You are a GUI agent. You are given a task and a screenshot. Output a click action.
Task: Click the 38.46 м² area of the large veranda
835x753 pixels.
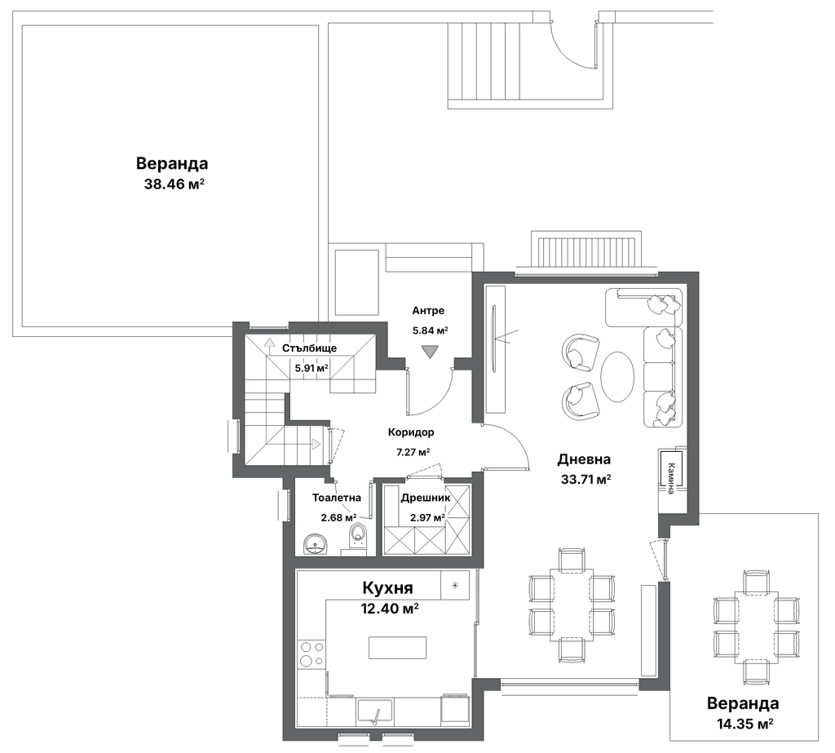pyautogui.click(x=175, y=184)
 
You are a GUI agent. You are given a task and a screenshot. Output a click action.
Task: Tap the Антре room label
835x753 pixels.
pyautogui.click(x=428, y=310)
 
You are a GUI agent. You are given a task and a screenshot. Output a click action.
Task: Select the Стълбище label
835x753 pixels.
pyautogui.click(x=309, y=348)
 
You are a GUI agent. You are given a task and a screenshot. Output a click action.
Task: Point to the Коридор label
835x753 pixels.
pyautogui.click(x=411, y=432)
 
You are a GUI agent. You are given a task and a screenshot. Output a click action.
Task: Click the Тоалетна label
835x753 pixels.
pyautogui.click(x=337, y=498)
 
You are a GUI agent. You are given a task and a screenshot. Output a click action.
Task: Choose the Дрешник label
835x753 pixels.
pyautogui.click(x=426, y=498)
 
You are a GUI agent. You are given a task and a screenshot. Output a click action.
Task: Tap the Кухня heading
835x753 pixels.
pyautogui.click(x=387, y=588)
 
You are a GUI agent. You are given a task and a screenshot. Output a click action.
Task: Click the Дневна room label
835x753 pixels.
pyautogui.click(x=584, y=458)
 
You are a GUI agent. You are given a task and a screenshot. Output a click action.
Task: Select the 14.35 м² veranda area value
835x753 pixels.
pyautogui.click(x=744, y=724)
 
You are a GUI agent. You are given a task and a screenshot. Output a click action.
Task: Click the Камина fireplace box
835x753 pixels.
pyautogui.click(x=670, y=469)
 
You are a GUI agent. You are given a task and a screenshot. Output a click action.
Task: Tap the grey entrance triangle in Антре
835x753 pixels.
pyautogui.click(x=429, y=351)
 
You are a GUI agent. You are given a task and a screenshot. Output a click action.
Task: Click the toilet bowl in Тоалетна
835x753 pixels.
pyautogui.click(x=358, y=535)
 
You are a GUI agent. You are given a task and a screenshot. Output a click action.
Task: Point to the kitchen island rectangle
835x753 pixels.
pyautogui.click(x=397, y=647)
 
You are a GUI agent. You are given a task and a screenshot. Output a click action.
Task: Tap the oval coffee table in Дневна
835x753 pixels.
pyautogui.click(x=617, y=378)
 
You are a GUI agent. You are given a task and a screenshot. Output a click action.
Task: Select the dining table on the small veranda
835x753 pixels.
pyautogui.click(x=756, y=627)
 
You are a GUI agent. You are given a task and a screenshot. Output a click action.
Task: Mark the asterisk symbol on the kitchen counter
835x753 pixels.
pyautogui.click(x=455, y=585)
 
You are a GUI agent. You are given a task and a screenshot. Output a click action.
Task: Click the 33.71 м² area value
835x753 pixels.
pyautogui.click(x=585, y=479)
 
